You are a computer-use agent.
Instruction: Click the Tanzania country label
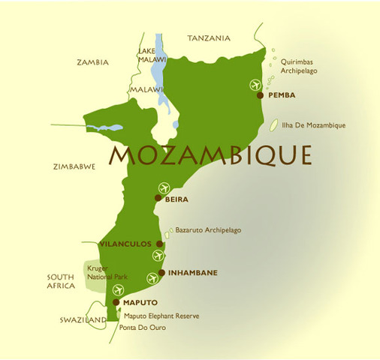pyautogui.click(x=211, y=37)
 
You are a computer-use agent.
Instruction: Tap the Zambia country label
pyautogui.click(x=93, y=62)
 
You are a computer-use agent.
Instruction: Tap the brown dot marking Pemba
pyautogui.click(x=260, y=96)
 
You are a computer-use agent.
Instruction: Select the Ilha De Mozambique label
pyautogui.click(x=314, y=125)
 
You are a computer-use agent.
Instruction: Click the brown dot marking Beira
pyautogui.click(x=158, y=199)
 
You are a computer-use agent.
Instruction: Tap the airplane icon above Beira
pyautogui.click(x=164, y=187)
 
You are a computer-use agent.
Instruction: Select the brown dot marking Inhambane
pyautogui.click(x=162, y=273)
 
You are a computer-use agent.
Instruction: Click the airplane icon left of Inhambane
pyautogui.click(x=154, y=279)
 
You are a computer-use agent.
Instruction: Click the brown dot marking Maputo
pyautogui.click(x=116, y=302)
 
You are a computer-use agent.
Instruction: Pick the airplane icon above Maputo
pyautogui.click(x=118, y=290)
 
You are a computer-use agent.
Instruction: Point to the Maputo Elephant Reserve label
pyautogui.click(x=161, y=316)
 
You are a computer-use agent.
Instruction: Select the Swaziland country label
pyautogui.click(x=83, y=319)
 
